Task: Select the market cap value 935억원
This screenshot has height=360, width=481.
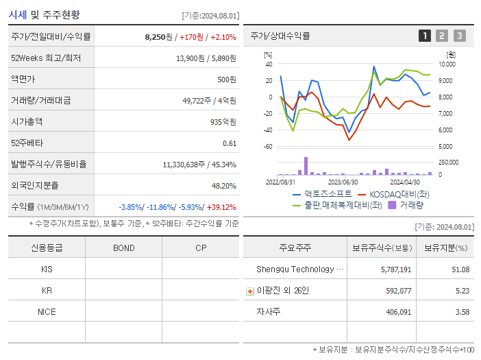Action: click(222, 122)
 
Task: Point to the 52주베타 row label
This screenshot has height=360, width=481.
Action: click(27, 143)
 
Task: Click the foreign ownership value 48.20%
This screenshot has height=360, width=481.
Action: click(223, 186)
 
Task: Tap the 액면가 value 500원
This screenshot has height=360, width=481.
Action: click(225, 80)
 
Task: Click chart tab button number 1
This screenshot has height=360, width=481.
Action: click(425, 36)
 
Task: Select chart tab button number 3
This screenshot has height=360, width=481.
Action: click(459, 36)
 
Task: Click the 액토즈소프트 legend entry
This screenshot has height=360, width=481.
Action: click(323, 194)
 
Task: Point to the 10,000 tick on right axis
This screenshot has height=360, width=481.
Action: click(447, 64)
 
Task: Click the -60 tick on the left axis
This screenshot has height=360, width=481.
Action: click(268, 147)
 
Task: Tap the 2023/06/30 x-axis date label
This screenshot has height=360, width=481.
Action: click(343, 182)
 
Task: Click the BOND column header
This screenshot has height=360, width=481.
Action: click(123, 248)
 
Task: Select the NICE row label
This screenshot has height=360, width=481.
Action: click(47, 312)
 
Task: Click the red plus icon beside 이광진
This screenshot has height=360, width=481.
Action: click(249, 291)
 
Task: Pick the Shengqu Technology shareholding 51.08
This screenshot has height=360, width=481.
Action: click(460, 269)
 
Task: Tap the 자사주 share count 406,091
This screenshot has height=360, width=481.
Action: click(396, 312)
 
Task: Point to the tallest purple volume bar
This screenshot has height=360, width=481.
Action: click(306, 166)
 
